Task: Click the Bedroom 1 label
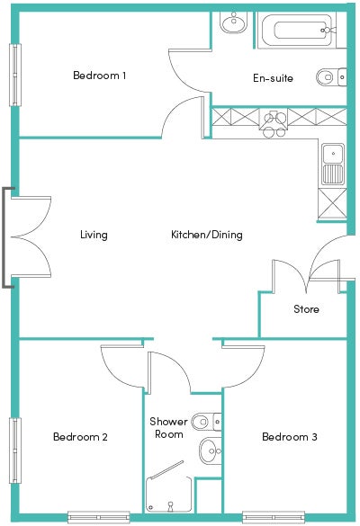[99, 76]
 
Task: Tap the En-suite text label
[273, 78]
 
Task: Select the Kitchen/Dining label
[207, 235]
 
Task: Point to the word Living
[94, 235]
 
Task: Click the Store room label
[306, 309]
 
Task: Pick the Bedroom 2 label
[80, 437]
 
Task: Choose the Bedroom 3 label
[290, 437]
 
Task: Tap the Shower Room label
[168, 428]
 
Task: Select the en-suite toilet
[331, 77]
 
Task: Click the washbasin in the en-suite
[234, 22]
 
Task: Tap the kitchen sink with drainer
[333, 164]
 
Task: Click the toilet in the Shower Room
[206, 422]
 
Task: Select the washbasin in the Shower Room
[211, 450]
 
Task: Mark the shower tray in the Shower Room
[169, 495]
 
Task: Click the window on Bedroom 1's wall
[14, 75]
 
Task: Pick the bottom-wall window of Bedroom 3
[274, 517]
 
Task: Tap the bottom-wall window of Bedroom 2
[99, 517]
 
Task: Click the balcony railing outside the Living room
[4, 237]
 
